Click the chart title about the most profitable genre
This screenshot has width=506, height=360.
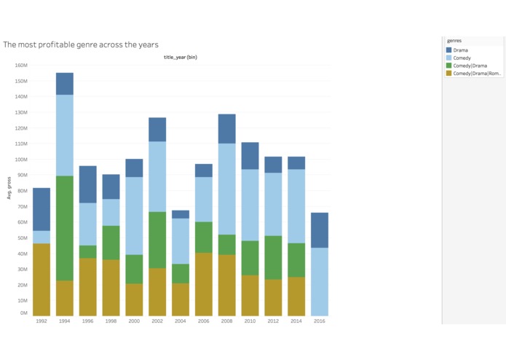tap(81, 44)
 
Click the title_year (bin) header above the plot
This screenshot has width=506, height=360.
tap(180, 57)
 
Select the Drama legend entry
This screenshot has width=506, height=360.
tap(460, 50)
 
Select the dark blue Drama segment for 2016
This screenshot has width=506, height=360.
tap(320, 230)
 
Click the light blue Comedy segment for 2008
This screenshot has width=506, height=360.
tap(226, 189)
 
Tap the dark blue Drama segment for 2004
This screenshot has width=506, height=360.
tap(181, 214)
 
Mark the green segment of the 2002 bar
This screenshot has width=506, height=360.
tap(157, 240)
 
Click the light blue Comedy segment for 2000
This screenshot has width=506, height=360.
tap(134, 216)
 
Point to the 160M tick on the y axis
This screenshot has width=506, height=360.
tap(21, 65)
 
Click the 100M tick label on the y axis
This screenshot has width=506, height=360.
tap(21, 159)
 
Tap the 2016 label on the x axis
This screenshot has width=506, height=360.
tap(320, 321)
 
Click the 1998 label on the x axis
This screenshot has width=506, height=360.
tap(111, 321)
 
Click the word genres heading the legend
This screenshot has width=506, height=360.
tap(454, 41)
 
